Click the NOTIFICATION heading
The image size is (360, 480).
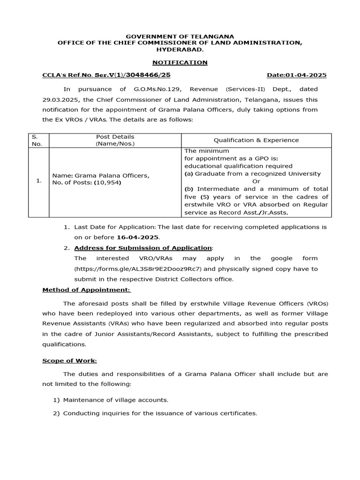[x=180, y=62]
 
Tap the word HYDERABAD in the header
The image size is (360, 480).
[x=180, y=49]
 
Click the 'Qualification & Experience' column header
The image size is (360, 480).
[x=256, y=140]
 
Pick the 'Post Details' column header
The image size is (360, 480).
[x=115, y=140]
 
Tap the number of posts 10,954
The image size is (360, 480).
[x=108, y=182]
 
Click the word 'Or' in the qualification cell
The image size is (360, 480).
[x=256, y=181]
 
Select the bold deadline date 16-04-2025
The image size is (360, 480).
[x=138, y=237]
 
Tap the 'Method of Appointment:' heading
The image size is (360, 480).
[x=87, y=290]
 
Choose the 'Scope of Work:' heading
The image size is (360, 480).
[x=69, y=360]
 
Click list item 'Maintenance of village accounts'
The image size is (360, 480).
[x=115, y=400]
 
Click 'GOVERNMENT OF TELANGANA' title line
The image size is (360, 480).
[x=180, y=36]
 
